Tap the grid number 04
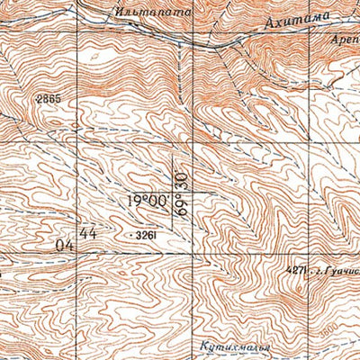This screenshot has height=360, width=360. pos(63,243)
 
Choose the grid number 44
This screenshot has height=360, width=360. pos(87,233)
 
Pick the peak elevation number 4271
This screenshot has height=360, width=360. pos(297,269)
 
